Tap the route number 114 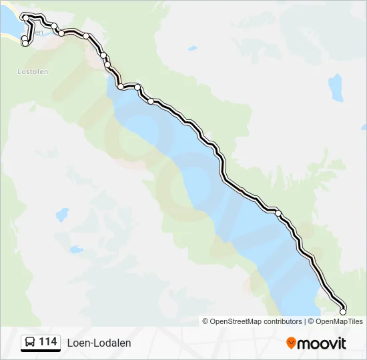click(x=48, y=342)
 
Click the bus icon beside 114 click(x=30, y=343)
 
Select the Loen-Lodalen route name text click(x=99, y=343)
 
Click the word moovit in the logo click(x=322, y=343)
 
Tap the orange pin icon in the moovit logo click(x=291, y=343)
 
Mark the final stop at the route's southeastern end click(x=343, y=311)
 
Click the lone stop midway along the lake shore click(x=278, y=213)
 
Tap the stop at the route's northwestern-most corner click(x=25, y=17)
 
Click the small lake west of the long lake click(x=62, y=215)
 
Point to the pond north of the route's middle click(x=192, y=49)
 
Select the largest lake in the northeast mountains click(x=335, y=87)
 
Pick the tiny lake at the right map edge click(x=363, y=127)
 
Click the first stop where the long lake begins click(x=121, y=87)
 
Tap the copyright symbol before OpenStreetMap click(x=206, y=321)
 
